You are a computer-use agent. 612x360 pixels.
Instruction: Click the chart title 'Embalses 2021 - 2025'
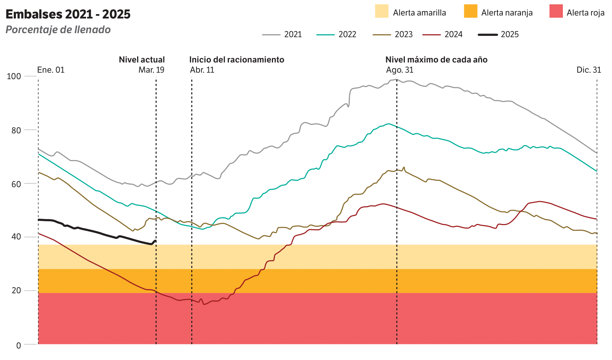click(x=68, y=14)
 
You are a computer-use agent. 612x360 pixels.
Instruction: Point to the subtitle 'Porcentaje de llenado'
click(x=58, y=29)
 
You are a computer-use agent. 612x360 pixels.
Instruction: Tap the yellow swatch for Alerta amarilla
click(x=382, y=11)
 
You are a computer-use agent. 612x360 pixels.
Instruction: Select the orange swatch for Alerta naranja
click(x=470, y=11)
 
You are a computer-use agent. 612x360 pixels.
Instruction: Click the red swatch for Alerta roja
click(x=556, y=11)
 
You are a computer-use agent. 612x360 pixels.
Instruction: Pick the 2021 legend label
click(x=293, y=34)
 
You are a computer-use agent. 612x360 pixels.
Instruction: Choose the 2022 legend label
click(x=347, y=34)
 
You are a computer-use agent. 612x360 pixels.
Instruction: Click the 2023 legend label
click(x=404, y=34)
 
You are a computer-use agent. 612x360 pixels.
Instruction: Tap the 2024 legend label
click(x=453, y=34)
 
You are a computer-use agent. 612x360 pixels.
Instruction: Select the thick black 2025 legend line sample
click(x=488, y=35)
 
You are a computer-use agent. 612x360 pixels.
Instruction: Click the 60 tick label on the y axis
click(x=16, y=184)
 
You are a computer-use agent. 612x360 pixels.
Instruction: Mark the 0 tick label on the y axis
click(x=19, y=346)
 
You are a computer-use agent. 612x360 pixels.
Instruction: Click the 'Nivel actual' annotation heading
click(x=142, y=59)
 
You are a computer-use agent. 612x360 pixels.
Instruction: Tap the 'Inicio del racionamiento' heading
click(x=236, y=59)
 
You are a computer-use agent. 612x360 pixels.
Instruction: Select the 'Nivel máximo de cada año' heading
click(x=436, y=59)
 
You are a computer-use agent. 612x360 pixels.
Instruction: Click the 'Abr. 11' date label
click(x=202, y=70)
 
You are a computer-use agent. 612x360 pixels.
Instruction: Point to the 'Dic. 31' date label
click(x=589, y=70)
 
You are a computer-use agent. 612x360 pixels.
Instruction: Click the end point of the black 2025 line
click(x=155, y=241)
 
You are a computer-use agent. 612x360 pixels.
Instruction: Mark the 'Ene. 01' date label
click(x=51, y=70)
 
